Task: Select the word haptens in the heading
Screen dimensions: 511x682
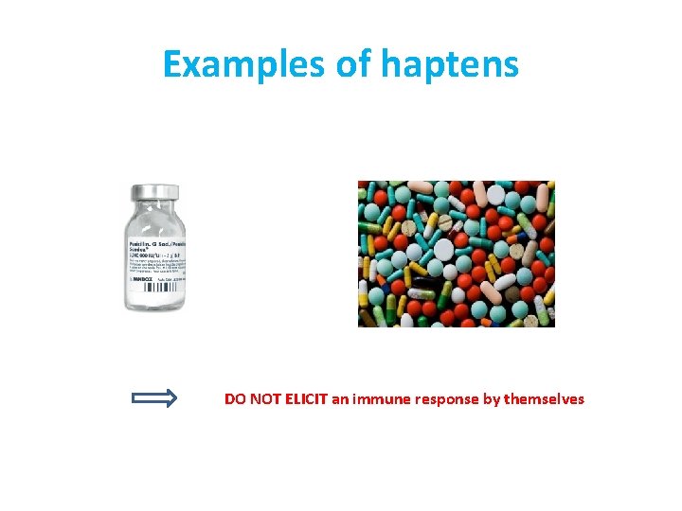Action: click(451, 64)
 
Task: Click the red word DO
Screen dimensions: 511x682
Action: click(235, 399)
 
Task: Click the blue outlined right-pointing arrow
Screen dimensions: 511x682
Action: click(154, 398)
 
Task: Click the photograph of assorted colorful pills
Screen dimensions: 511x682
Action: click(456, 254)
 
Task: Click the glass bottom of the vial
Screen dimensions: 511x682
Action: click(155, 304)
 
